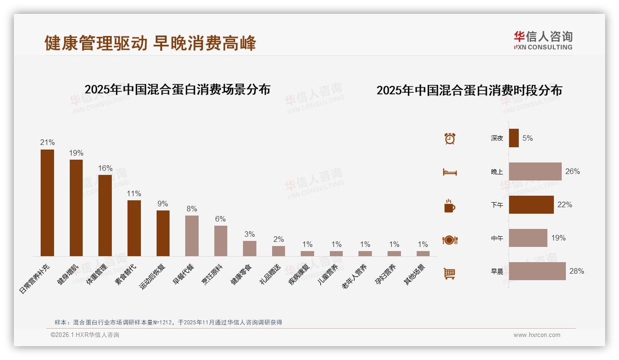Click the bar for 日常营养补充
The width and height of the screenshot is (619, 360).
47,203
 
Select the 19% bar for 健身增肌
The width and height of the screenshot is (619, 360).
76,208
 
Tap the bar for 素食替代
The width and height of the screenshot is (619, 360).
134,228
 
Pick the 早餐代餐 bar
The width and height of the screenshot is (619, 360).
192,235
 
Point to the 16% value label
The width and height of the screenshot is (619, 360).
105,168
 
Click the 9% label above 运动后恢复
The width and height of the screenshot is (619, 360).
163,204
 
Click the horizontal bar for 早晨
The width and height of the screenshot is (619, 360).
537,271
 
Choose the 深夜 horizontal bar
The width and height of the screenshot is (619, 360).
514,138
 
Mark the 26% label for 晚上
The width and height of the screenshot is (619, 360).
572,171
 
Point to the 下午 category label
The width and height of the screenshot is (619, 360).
497,205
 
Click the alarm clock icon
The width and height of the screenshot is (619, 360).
449,138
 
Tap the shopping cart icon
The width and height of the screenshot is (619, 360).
449,273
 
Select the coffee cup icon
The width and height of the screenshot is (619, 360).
449,206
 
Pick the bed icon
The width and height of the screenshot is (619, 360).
449,172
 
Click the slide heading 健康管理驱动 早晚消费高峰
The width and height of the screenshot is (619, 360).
150,43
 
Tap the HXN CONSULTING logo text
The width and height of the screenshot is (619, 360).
543,47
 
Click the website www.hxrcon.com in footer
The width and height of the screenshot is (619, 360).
537,335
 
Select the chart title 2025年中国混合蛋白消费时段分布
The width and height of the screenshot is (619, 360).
469,90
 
